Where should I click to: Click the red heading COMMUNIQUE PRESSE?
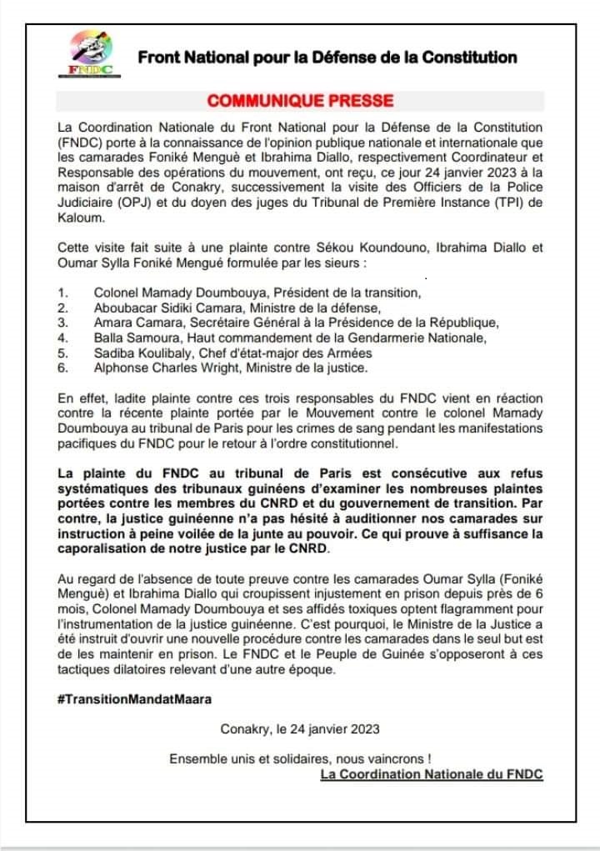[x=300, y=102]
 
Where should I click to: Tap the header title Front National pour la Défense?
[x=327, y=58]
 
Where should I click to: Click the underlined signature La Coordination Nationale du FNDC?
[x=432, y=774]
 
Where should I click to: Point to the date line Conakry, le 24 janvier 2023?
[x=300, y=728]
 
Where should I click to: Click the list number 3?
[x=62, y=323]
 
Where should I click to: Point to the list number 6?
[x=62, y=368]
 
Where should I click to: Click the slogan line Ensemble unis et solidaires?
[x=300, y=758]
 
